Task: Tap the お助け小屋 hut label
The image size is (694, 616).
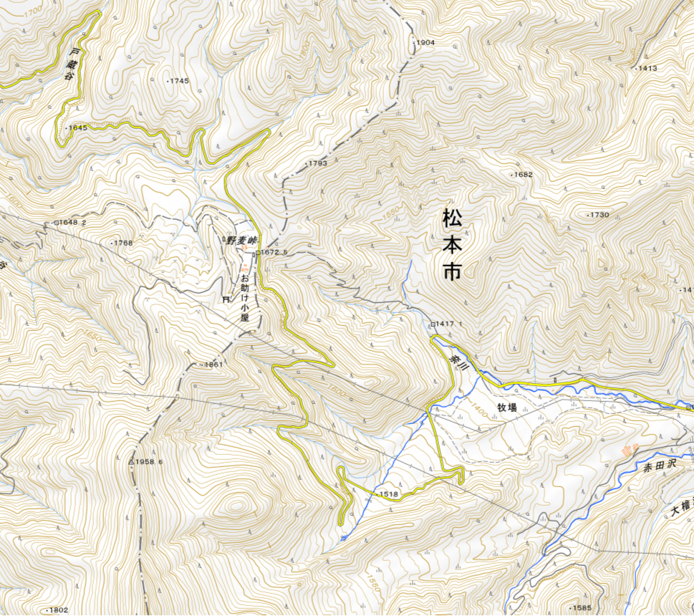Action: click(244, 297)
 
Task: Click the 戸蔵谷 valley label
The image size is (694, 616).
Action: click(72, 64)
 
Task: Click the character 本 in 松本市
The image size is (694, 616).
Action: click(452, 244)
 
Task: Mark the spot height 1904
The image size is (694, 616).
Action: click(425, 43)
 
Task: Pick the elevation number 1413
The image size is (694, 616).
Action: click(647, 68)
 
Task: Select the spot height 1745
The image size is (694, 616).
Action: click(179, 81)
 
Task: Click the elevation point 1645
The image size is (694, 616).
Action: click(77, 128)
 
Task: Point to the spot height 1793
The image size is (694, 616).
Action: click(317, 164)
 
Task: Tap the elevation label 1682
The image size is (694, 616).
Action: click(523, 175)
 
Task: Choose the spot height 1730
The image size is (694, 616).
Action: click(598, 215)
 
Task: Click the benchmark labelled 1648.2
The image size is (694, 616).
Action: click(72, 223)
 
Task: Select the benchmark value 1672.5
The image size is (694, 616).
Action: click(274, 252)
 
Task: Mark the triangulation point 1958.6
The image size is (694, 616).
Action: click(149, 462)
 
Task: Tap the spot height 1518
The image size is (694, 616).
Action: click(387, 494)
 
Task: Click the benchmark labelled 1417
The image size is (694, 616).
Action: click(445, 324)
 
